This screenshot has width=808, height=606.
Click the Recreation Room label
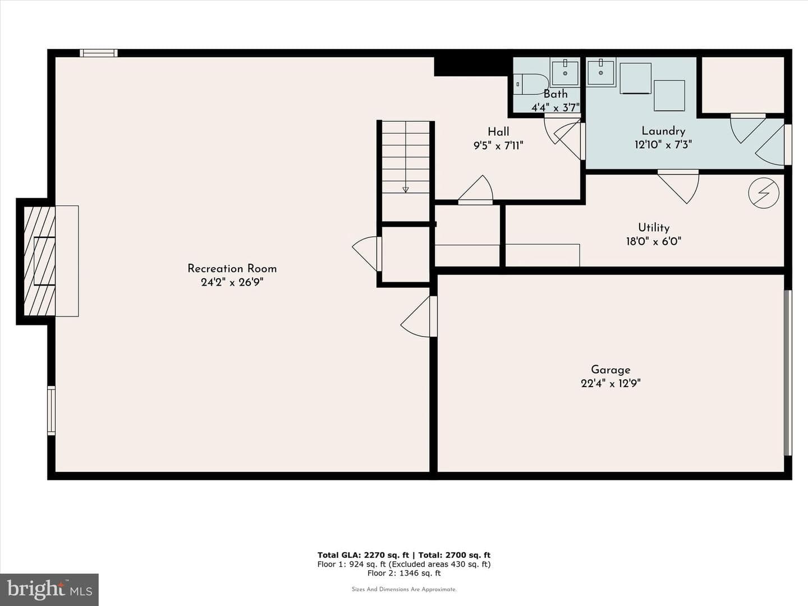(x=232, y=269)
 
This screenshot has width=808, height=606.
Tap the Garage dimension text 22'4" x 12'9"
(x=610, y=384)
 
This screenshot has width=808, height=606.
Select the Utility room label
(x=654, y=228)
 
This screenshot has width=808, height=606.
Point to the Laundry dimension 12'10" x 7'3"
(x=663, y=145)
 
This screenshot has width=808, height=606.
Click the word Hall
(x=498, y=132)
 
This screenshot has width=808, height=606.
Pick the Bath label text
(x=555, y=94)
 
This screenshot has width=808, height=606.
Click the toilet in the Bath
(x=530, y=84)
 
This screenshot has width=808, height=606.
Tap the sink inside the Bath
(x=565, y=72)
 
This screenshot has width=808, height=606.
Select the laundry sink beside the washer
(x=601, y=72)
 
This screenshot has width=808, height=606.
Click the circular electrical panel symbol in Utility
(x=764, y=193)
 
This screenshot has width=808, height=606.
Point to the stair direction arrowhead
(x=406, y=190)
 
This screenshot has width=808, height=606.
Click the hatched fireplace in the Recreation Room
(x=39, y=261)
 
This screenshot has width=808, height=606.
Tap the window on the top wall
(x=99, y=53)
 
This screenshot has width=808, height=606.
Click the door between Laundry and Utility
(x=678, y=186)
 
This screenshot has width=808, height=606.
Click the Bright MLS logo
(x=49, y=589)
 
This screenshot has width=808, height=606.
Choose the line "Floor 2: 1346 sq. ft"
(x=404, y=573)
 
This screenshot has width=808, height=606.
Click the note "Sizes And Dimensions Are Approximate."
(x=404, y=589)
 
